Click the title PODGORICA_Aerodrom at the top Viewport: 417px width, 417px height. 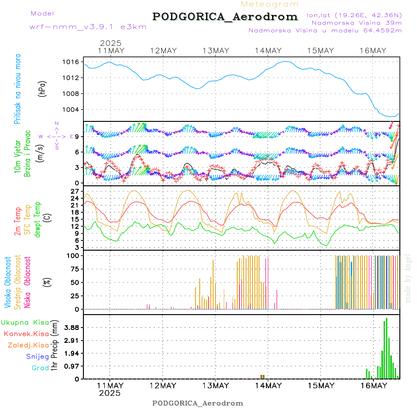[225, 17]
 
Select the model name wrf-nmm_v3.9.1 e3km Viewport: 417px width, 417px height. [88, 26]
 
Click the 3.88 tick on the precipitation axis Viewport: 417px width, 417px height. [71, 328]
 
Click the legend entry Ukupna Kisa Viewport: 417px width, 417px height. [25, 322]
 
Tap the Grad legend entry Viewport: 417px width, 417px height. [40, 368]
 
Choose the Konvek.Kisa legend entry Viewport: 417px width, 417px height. [26, 334]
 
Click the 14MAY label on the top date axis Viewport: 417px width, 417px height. [268, 51]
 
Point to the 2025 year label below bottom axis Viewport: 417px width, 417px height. [110, 393]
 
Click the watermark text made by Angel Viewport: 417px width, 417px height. [408, 278]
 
